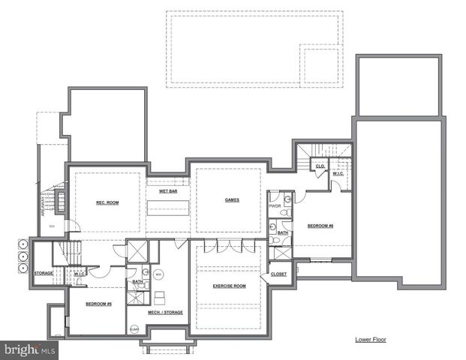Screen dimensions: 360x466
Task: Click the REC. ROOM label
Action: click(x=107, y=202)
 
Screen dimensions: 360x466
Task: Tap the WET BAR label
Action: click(x=167, y=191)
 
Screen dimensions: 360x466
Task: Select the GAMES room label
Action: click(x=232, y=199)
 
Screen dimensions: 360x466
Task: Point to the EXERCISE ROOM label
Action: click(x=229, y=286)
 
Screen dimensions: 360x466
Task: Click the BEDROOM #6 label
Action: click(x=320, y=226)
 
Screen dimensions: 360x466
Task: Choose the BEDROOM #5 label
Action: click(x=98, y=304)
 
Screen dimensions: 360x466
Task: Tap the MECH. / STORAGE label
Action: click(x=165, y=312)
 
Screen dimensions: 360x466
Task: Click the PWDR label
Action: click(x=275, y=205)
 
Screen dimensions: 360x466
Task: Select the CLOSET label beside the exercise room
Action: click(x=278, y=274)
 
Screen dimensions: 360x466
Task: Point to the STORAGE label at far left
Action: click(x=44, y=273)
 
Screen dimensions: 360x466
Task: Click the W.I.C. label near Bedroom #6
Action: click(x=338, y=174)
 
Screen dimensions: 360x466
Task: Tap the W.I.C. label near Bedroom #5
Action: click(x=80, y=274)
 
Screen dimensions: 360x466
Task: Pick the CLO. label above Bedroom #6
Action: click(x=320, y=166)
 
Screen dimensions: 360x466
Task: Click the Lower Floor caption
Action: click(x=371, y=339)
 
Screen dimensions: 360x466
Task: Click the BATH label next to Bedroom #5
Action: click(x=137, y=282)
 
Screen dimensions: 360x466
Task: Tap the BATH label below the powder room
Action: click(x=282, y=232)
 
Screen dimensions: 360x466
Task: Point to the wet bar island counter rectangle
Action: click(x=167, y=209)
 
